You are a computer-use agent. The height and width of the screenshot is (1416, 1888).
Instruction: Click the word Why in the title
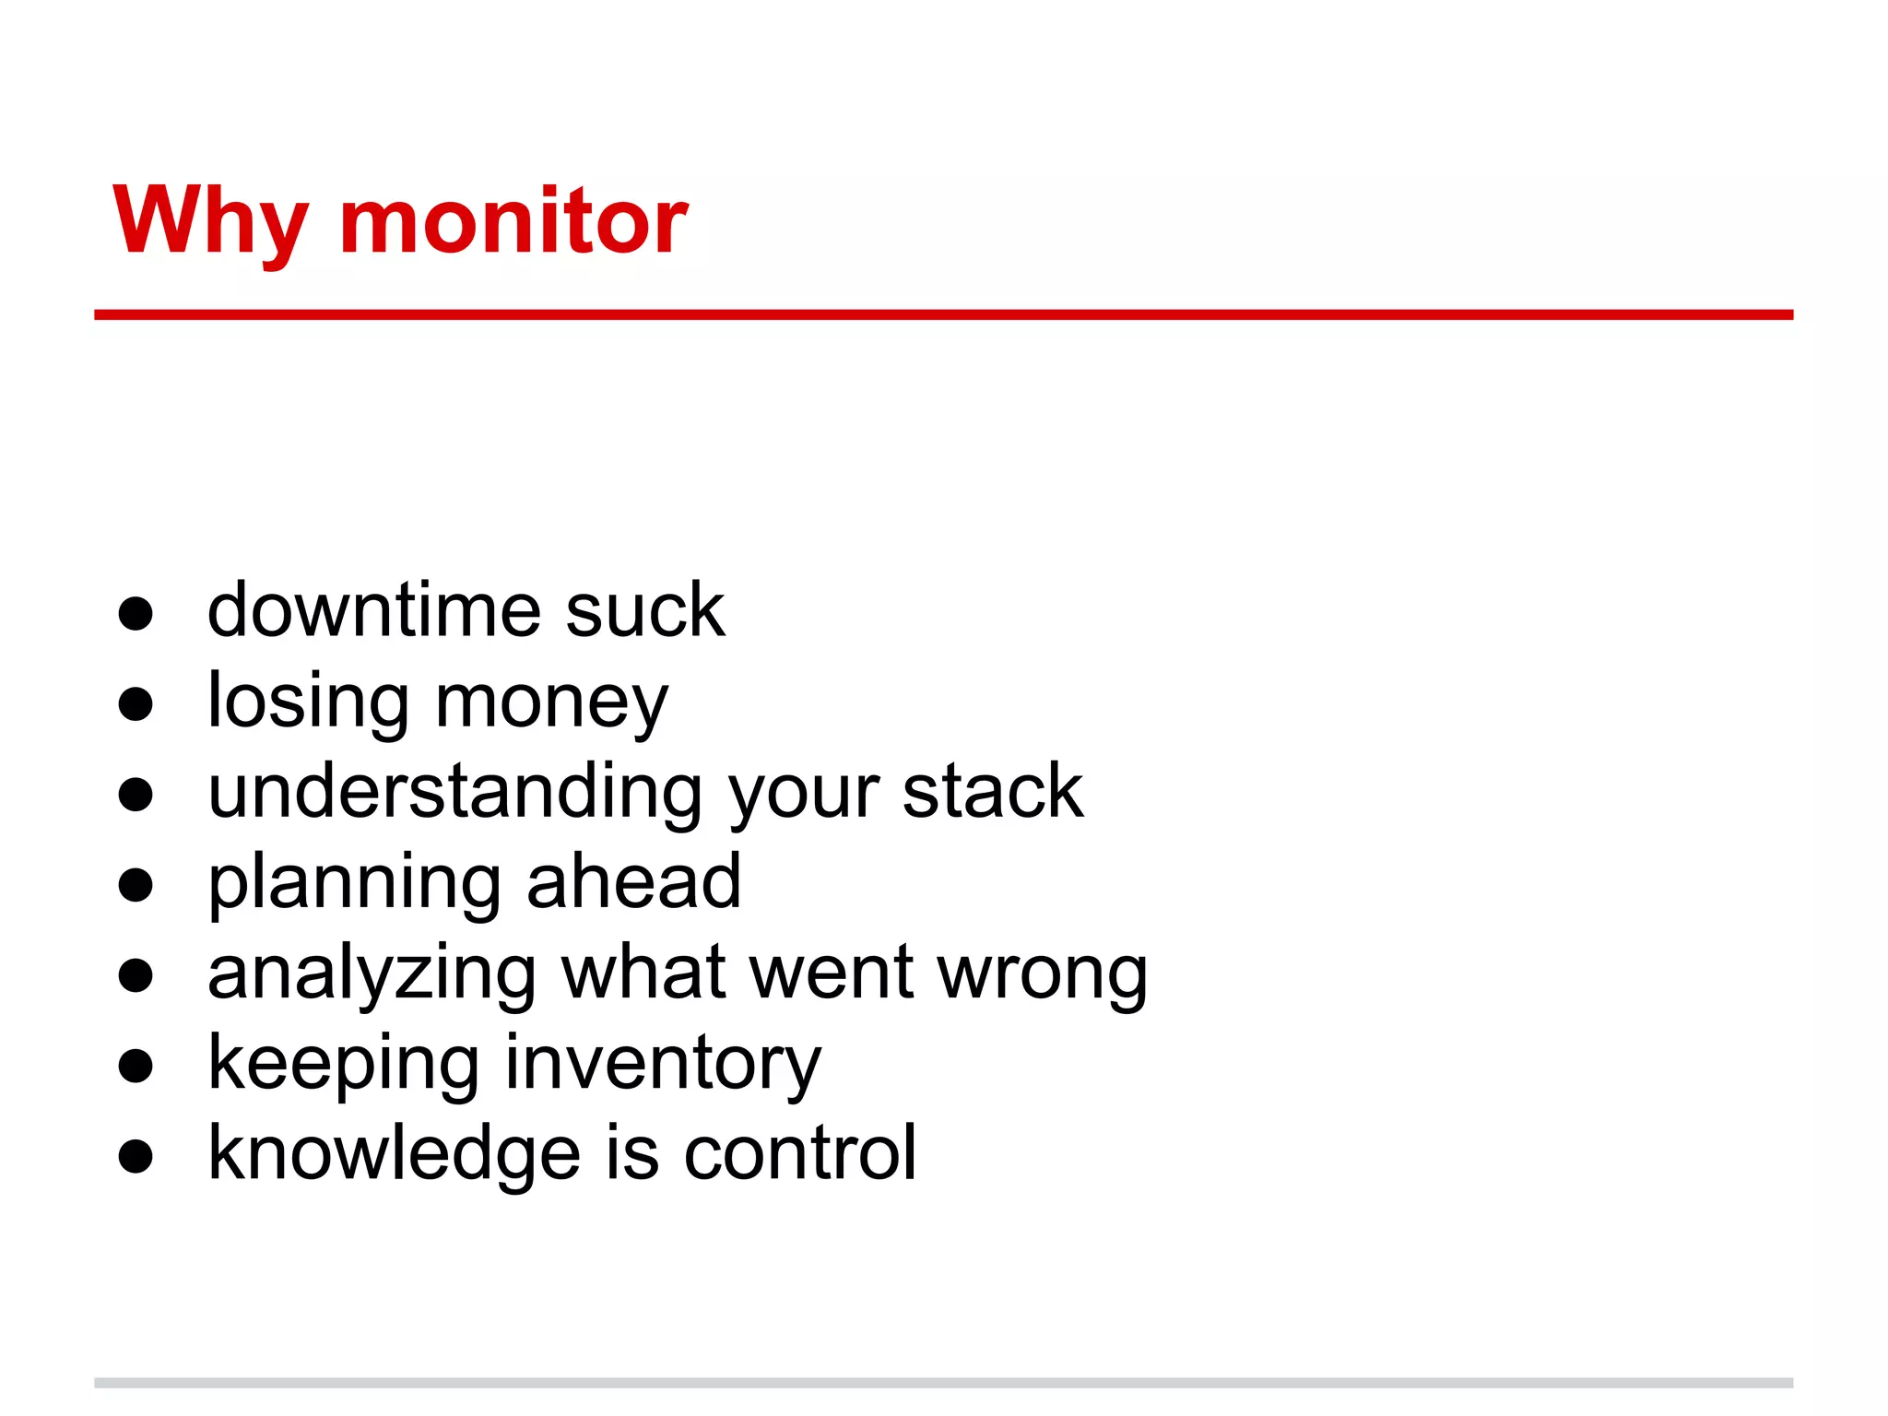coord(210,221)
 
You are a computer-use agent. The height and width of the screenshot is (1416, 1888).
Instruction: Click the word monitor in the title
coord(513,221)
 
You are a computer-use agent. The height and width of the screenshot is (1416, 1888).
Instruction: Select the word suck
coord(645,610)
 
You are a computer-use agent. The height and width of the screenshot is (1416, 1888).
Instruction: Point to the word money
coord(551,702)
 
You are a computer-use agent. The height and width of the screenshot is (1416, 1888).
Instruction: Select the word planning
coord(354,883)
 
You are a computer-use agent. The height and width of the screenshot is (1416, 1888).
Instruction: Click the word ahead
coord(634,881)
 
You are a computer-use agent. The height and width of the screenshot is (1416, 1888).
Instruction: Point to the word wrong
coord(1043,973)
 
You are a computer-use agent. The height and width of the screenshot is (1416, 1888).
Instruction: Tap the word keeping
coord(343,1064)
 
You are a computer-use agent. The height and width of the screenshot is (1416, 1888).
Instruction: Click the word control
coord(800,1152)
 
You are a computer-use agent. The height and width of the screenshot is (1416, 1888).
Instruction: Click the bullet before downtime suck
coord(136,614)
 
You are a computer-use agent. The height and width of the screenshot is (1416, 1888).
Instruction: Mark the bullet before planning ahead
coord(136,885)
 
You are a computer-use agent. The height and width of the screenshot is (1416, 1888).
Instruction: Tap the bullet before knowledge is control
coord(136,1156)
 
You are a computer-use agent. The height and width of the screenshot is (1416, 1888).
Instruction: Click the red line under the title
coord(943,314)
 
